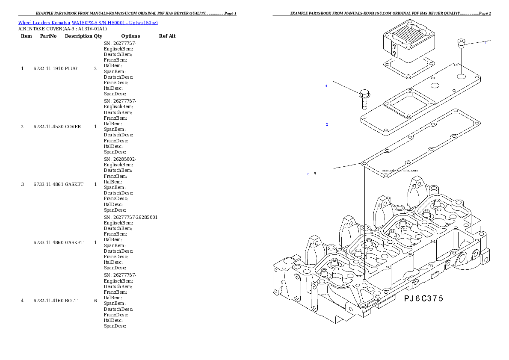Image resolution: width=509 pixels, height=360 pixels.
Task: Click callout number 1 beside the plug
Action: [485, 43]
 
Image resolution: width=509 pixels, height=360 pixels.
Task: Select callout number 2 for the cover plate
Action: [327, 124]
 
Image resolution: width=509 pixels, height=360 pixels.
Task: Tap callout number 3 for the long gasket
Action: [308, 174]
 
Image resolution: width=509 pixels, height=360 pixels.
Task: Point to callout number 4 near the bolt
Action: [326, 86]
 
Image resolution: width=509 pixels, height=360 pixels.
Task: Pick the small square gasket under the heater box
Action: [406, 68]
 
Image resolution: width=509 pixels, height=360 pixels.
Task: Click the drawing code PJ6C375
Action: [423, 298]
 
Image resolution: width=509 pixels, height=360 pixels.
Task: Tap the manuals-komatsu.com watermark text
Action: [400, 170]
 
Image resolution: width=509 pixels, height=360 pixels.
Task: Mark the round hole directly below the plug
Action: [461, 77]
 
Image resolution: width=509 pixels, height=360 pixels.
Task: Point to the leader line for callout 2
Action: [346, 120]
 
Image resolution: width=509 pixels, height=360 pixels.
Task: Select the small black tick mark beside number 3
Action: [315, 174]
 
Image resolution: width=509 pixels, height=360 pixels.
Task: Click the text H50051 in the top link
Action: [118, 23]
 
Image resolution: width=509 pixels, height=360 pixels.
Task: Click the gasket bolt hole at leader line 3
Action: [364, 164]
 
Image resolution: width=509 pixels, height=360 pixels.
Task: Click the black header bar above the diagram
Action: [382, 15]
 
